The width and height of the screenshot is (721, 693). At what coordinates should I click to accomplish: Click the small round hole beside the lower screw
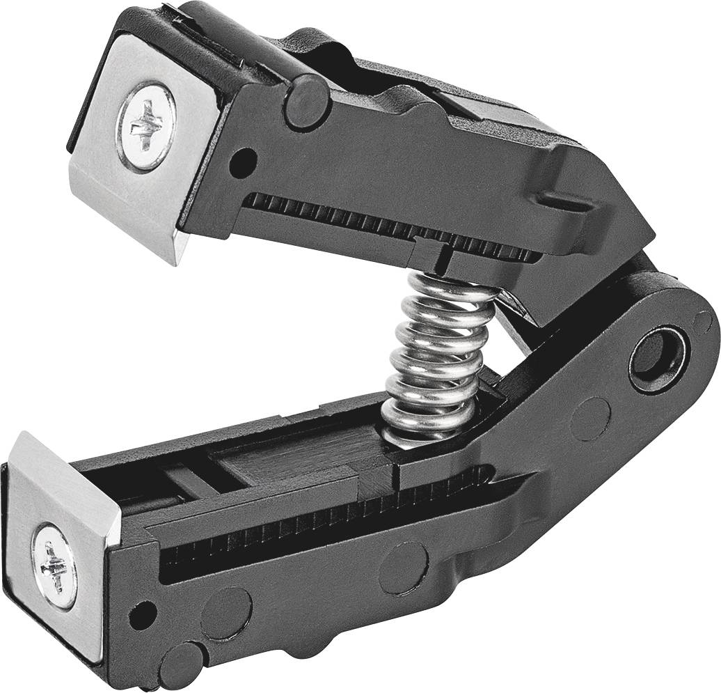pyautogui.click(x=142, y=613)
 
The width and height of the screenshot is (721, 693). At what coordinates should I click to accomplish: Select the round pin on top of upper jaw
pyautogui.click(x=307, y=102)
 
